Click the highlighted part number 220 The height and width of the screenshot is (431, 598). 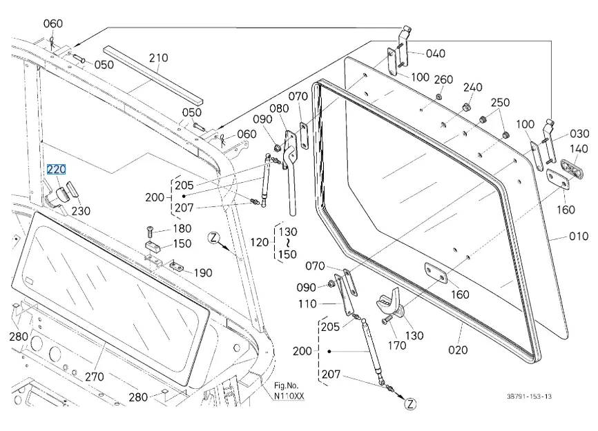pyautogui.click(x=56, y=168)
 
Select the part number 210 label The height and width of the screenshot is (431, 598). pyautogui.click(x=158, y=58)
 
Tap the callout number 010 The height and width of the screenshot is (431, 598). pyautogui.click(x=579, y=236)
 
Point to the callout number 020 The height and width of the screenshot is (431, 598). pyautogui.click(x=458, y=349)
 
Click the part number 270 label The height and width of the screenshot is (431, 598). pyautogui.click(x=94, y=377)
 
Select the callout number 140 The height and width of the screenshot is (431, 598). pyautogui.click(x=579, y=149)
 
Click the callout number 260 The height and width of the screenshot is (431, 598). pyautogui.click(x=443, y=79)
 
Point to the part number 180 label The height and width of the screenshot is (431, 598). pyautogui.click(x=182, y=228)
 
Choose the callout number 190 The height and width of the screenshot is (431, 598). pyautogui.click(x=202, y=273)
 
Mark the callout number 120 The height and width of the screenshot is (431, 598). pyautogui.click(x=258, y=243)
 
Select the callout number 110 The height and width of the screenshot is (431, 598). pyautogui.click(x=307, y=303)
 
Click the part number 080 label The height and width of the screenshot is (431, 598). pyautogui.click(x=279, y=108)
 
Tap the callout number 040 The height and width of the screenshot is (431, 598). pyautogui.click(x=435, y=53)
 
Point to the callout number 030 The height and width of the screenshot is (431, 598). pyautogui.click(x=579, y=133)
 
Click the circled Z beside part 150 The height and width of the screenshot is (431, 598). pyautogui.click(x=214, y=239)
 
